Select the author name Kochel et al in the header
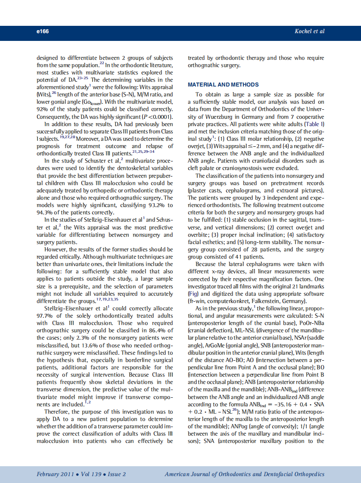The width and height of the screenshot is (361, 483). tap(309, 31)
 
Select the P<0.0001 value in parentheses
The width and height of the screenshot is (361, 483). tap(157, 117)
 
